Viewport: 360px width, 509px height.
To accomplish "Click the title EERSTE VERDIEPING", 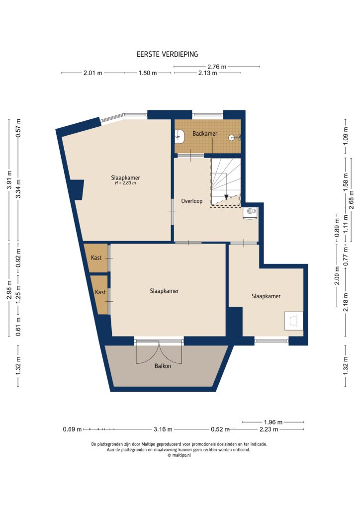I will click(167, 55).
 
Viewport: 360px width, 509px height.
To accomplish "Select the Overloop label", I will click(191, 201).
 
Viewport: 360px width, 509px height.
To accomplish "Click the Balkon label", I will click(162, 366).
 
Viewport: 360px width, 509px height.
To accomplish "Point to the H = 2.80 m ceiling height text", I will click(125, 183).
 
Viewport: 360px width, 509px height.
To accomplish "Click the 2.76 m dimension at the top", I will click(217, 67).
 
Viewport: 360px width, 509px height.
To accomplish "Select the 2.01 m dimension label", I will click(92, 73).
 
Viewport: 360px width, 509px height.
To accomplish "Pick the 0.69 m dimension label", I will click(72, 429).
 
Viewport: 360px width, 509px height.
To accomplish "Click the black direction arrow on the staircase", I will click(226, 197).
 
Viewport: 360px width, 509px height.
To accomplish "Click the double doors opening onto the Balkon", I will click(159, 353).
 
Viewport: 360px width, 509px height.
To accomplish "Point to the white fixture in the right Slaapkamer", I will click(294, 321).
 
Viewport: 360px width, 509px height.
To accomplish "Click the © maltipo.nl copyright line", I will click(179, 455).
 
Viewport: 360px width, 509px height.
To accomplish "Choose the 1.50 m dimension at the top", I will click(147, 73).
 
